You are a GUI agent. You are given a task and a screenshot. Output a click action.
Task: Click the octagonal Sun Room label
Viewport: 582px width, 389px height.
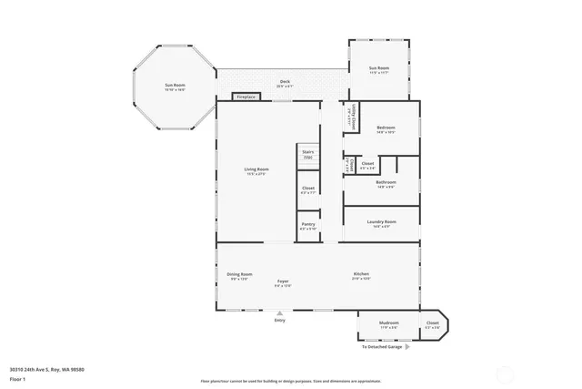pos(175,87)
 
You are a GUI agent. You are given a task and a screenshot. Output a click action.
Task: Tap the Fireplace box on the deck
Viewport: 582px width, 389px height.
pos(246,97)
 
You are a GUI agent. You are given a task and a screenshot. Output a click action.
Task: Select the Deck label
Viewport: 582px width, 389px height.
pos(285,83)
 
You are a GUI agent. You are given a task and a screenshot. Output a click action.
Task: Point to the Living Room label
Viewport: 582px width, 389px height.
pos(256,170)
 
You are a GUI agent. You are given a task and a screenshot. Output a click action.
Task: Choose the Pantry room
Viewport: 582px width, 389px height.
pos(307,226)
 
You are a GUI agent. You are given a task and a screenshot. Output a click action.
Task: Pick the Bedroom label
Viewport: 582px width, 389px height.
pos(385,129)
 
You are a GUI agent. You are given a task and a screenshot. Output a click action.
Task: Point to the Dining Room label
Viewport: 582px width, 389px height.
pos(239,275)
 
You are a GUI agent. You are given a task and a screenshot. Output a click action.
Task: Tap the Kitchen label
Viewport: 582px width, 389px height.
pos(361,275)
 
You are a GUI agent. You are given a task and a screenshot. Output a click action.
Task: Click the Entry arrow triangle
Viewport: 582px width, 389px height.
pos(279,312)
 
